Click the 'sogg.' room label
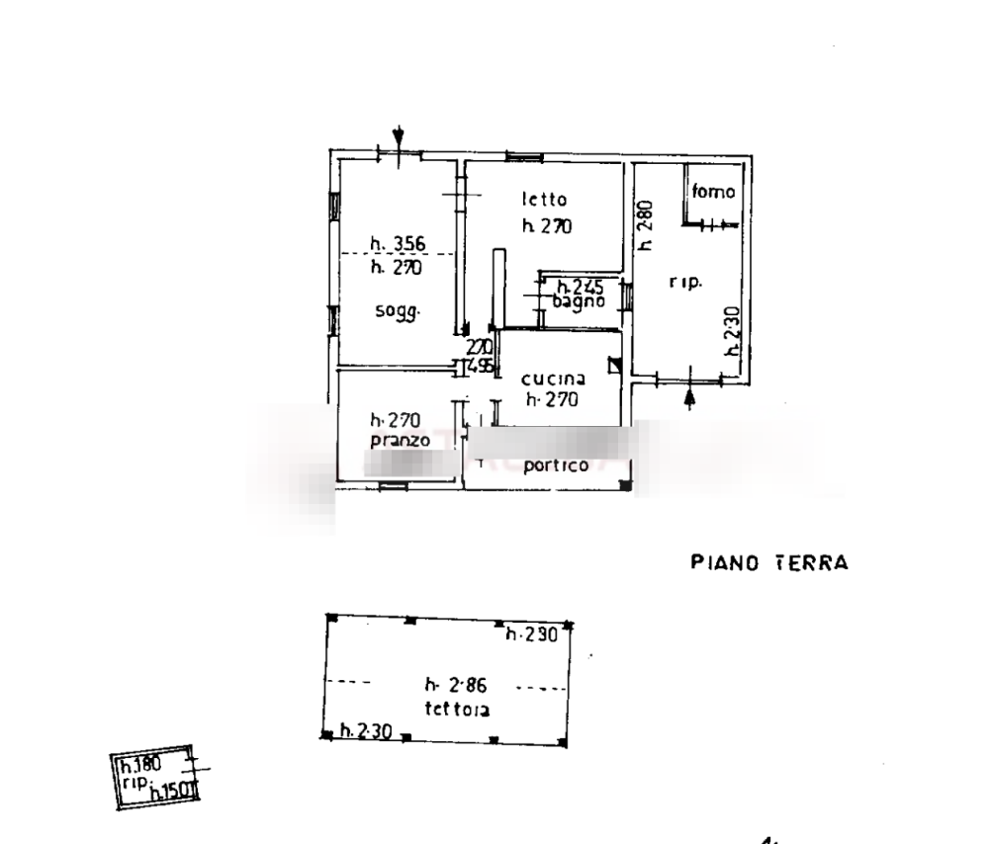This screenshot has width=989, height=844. click(399, 312)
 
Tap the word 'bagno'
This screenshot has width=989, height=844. click(580, 303)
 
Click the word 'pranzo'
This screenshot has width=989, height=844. click(401, 441)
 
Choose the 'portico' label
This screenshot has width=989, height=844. click(557, 465)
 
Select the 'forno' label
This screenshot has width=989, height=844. click(713, 193)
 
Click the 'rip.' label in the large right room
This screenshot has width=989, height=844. click(685, 285)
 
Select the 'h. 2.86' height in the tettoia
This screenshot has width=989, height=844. click(456, 683)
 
